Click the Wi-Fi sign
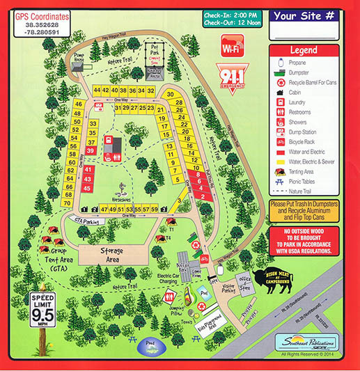pos(233,48)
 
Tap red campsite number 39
pos(91,150)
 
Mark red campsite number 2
pos(203,197)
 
